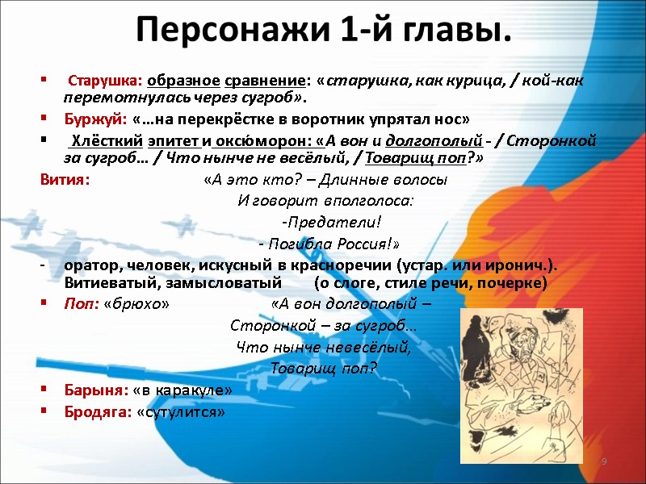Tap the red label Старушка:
click(105, 81)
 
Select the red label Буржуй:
click(91, 119)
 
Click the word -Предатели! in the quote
click(330, 222)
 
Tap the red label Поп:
click(82, 304)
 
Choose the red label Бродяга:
click(99, 411)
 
